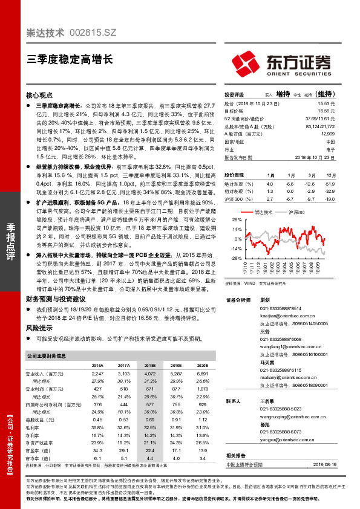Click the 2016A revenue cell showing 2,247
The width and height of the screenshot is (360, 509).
coord(97,375)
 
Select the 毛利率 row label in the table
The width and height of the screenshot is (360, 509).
coord(34,427)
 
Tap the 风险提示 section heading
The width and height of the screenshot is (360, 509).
coord(39,326)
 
